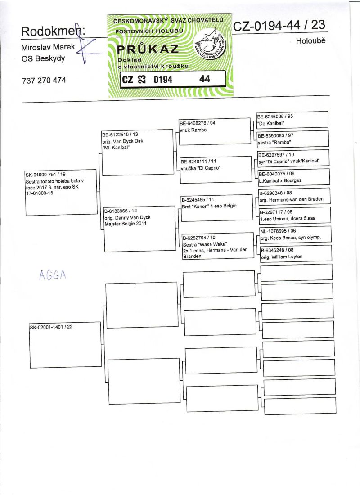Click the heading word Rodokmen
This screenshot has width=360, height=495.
pyautogui.click(x=53, y=31)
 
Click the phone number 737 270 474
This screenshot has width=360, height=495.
pyautogui.click(x=44, y=81)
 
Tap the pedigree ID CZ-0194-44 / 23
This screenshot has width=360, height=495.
pyautogui.click(x=279, y=26)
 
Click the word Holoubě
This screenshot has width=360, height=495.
pyautogui.click(x=310, y=41)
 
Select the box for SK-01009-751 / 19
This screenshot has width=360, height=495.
pyautogui.click(x=61, y=192)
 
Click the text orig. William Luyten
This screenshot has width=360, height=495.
pyautogui.click(x=282, y=256)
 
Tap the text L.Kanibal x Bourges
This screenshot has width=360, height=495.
pyautogui.click(x=280, y=180)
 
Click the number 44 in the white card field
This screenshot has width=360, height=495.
pyautogui.click(x=205, y=79)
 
